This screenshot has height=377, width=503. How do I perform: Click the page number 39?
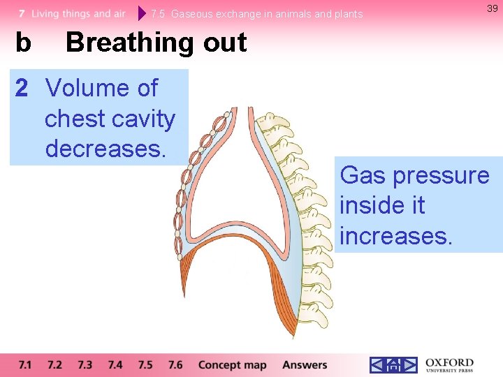(x=492, y=8)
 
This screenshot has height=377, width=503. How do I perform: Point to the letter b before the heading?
(x=23, y=43)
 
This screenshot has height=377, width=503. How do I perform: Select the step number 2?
(x=22, y=89)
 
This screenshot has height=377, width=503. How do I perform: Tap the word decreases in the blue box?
(x=105, y=149)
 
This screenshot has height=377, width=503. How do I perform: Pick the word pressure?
(x=441, y=176)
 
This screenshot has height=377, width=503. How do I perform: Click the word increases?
(x=396, y=236)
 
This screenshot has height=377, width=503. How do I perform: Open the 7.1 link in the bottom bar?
(x=25, y=365)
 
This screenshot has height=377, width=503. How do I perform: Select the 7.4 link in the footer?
(x=115, y=365)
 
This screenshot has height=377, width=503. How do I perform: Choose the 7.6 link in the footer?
(x=175, y=365)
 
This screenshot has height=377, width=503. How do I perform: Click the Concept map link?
(x=232, y=365)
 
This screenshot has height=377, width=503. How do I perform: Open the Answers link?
(x=305, y=365)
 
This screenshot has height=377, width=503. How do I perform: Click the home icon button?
(x=393, y=365)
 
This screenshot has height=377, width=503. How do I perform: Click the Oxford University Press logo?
(x=449, y=365)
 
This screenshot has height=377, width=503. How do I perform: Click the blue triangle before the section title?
(x=143, y=13)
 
